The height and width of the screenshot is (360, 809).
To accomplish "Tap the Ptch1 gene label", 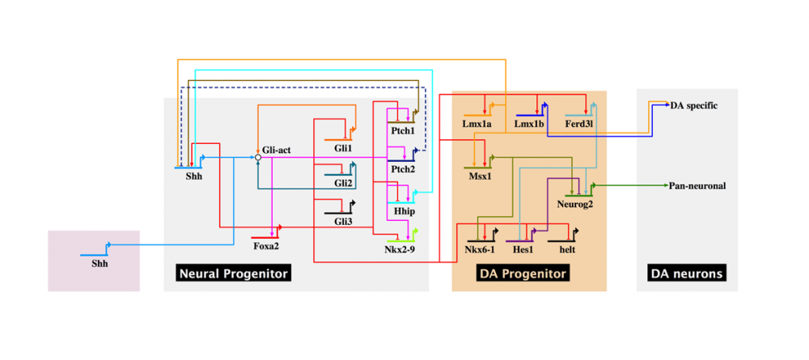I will [x=402, y=130].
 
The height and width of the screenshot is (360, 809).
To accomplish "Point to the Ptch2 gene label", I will [x=402, y=169].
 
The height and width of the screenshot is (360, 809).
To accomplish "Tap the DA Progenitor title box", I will [x=523, y=273].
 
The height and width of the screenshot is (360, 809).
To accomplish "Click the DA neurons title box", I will [x=687, y=273].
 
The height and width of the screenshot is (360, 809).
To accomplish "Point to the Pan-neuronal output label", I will [x=697, y=186].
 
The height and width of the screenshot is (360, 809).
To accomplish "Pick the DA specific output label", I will [x=693, y=106].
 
